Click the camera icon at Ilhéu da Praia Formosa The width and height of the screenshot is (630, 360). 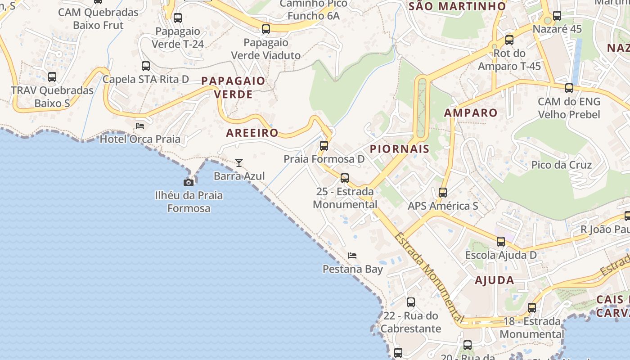(189, 182)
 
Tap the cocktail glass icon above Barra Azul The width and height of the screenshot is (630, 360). (239, 162)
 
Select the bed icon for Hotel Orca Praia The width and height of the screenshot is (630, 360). (140, 126)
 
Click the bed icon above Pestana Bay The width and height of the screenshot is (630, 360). (352, 256)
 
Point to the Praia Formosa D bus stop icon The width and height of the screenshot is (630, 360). (324, 146)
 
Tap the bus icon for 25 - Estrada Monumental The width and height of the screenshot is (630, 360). (345, 178)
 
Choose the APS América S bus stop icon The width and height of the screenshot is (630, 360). (443, 193)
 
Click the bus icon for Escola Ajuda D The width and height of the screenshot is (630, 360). (501, 242)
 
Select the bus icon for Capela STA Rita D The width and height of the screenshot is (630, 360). (146, 66)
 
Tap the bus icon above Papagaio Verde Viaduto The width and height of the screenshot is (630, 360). (266, 29)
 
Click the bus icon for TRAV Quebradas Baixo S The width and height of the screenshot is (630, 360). (52, 77)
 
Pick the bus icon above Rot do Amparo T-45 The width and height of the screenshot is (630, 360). (509, 40)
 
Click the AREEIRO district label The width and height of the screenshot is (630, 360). (252, 133)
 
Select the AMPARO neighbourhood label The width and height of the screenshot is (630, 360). (471, 112)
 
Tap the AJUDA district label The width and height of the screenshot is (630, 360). (495, 280)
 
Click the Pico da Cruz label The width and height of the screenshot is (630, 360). (562, 165)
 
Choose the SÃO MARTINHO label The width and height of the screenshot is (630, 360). (457, 6)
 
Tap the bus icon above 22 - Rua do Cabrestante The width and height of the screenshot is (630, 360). (411, 302)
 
